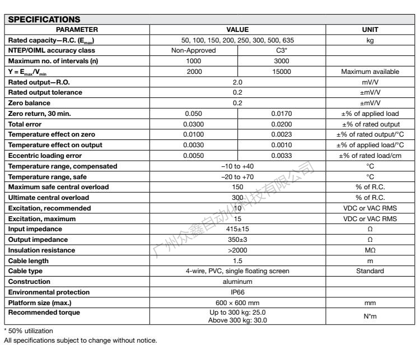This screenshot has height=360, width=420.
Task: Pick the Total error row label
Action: [x=26, y=124]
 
